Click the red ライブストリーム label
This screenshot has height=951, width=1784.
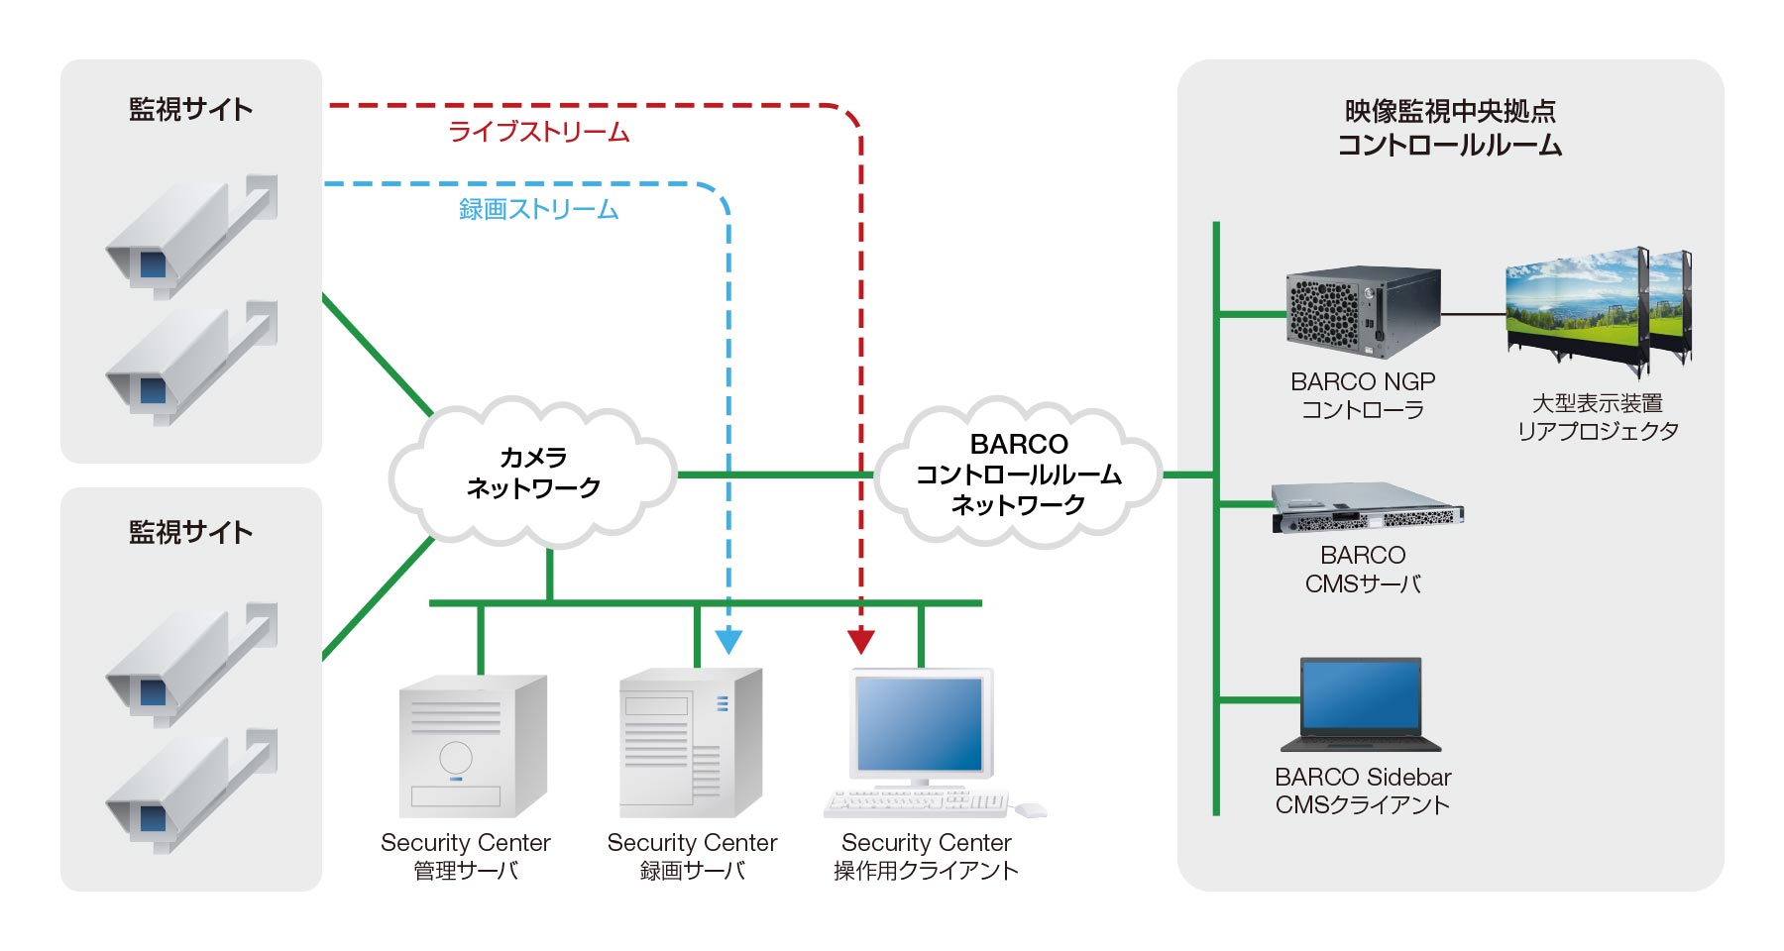(x=538, y=132)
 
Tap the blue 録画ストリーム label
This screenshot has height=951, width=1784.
(x=538, y=209)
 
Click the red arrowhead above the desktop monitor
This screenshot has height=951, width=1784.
(x=861, y=641)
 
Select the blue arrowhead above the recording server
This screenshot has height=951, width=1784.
(x=728, y=641)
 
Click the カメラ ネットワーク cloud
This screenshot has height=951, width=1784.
(x=533, y=473)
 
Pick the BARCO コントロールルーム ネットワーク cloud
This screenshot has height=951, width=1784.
(x=1018, y=475)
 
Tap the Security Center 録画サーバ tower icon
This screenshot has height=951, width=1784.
(x=691, y=742)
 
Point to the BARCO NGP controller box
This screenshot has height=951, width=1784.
(x=1363, y=312)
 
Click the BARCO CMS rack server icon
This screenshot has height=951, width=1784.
(x=1367, y=508)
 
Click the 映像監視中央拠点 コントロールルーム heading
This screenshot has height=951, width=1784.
(x=1450, y=128)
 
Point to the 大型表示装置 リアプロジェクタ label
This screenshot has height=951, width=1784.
(x=1598, y=417)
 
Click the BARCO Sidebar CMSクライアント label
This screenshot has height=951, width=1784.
(x=1363, y=791)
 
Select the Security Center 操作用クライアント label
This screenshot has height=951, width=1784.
(x=926, y=856)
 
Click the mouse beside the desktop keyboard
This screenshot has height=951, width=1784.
(x=1031, y=810)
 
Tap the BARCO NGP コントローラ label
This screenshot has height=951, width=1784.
(x=1363, y=395)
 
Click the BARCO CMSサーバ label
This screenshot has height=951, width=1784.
(x=1363, y=570)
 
